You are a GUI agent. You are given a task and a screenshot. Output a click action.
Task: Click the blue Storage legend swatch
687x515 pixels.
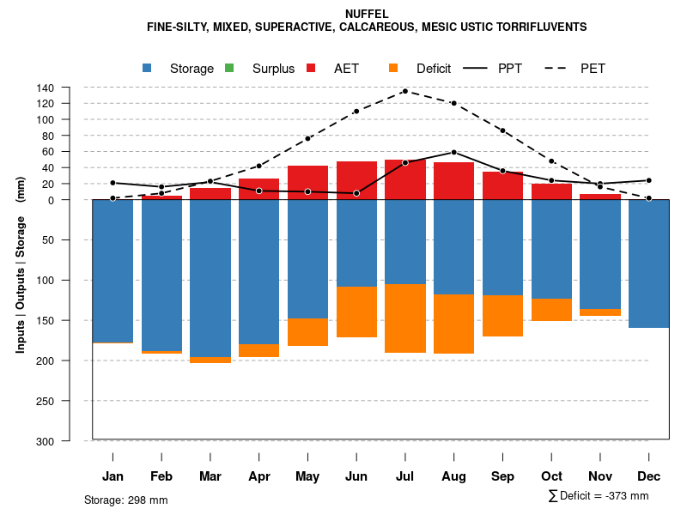coord(148,68)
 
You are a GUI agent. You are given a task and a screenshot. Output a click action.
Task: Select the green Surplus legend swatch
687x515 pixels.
coord(229,68)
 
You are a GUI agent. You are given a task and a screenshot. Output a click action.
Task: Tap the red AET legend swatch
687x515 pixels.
coord(311,68)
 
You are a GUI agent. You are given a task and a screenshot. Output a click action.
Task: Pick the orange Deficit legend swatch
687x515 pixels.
coord(393,68)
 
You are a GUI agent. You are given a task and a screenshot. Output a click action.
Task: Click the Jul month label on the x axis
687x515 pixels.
coord(405,476)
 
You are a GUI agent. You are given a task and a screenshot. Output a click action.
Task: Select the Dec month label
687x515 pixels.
coord(649,476)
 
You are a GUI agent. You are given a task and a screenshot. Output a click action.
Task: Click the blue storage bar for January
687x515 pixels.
coord(112,271)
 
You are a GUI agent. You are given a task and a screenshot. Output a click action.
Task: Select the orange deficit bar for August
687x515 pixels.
coord(454,324)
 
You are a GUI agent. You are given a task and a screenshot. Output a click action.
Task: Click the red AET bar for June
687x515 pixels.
coord(356,180)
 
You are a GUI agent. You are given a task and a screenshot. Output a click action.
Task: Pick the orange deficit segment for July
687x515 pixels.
coord(405,318)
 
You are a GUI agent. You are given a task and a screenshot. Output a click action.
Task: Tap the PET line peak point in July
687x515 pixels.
coord(405,91)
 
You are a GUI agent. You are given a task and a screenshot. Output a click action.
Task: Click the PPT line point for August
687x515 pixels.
coord(454,152)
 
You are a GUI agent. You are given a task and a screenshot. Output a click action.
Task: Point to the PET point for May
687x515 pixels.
coord(307,138)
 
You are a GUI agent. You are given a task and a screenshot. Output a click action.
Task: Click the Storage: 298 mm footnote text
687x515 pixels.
coord(126,500)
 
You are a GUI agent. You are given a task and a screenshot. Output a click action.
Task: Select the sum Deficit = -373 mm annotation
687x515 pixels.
coord(599,496)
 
